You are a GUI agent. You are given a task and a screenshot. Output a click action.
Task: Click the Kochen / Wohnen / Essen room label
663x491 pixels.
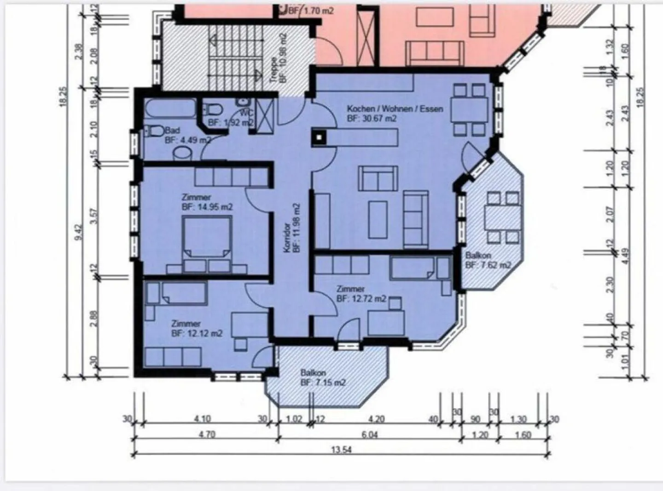pos(395,109)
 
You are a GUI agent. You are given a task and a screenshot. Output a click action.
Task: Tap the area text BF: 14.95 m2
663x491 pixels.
pos(207,207)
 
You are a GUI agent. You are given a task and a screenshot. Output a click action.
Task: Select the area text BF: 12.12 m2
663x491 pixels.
pos(197,334)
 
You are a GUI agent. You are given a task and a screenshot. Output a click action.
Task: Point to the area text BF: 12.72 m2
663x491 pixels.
pos(361,299)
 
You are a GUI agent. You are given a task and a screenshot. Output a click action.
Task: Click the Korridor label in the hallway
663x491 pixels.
pos(286,238)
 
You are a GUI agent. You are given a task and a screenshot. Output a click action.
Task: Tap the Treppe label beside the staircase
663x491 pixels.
pos(274,70)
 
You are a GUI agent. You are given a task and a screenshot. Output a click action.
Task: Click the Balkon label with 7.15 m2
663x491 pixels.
pos(313,373)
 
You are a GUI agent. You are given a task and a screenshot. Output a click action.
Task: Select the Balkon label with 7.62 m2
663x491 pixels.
pos(478,256)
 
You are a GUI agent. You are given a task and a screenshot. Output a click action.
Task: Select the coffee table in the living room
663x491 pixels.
pos(378,219)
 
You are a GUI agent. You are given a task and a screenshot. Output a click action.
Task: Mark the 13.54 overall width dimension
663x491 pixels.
pos(341,450)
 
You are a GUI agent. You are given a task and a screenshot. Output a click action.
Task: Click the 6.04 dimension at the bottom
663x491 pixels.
pos(369,434)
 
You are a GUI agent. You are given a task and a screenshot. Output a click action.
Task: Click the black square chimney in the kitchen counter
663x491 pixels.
pos(319,137)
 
